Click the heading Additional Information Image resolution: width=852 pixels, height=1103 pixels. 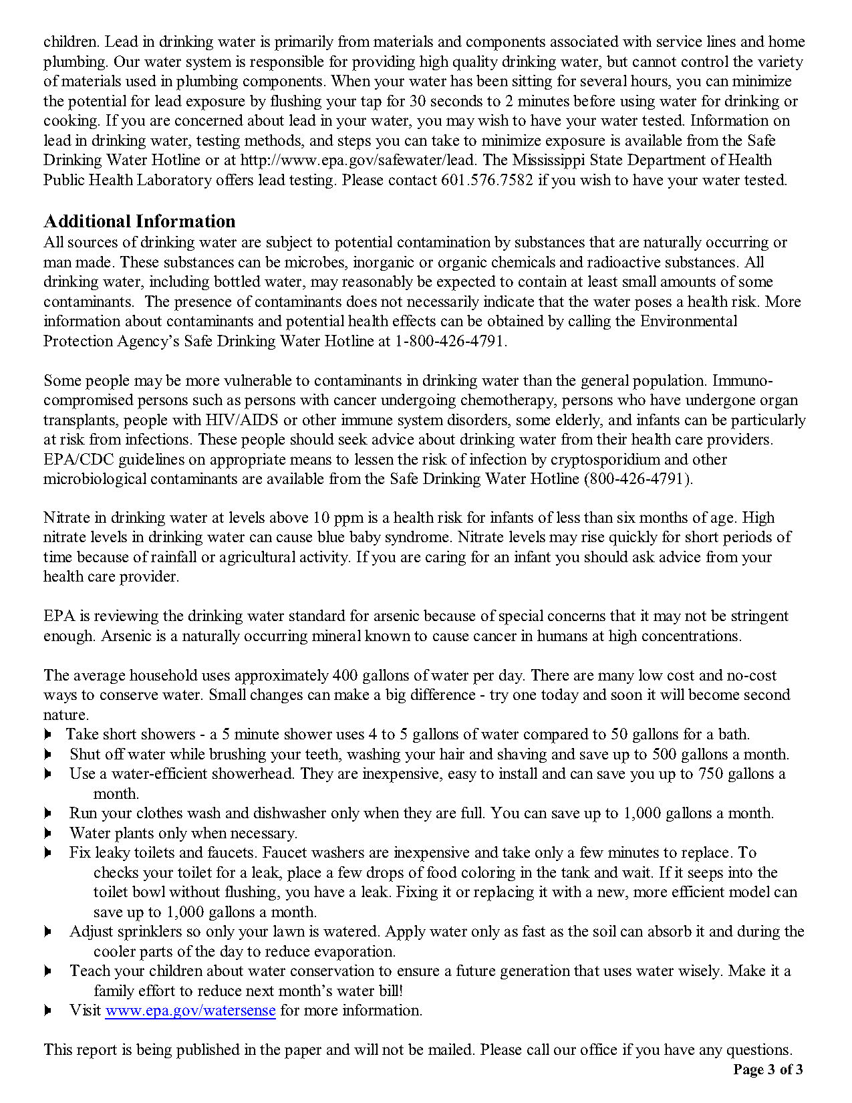139,221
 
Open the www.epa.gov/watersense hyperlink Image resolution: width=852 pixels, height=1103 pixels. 190,1010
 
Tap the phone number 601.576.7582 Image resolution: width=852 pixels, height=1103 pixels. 487,180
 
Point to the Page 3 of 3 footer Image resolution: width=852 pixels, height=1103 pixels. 768,1069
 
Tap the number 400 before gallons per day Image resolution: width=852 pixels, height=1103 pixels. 345,675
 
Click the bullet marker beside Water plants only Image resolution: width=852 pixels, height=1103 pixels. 47,833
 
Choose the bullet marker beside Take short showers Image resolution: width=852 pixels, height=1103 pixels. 47,734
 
